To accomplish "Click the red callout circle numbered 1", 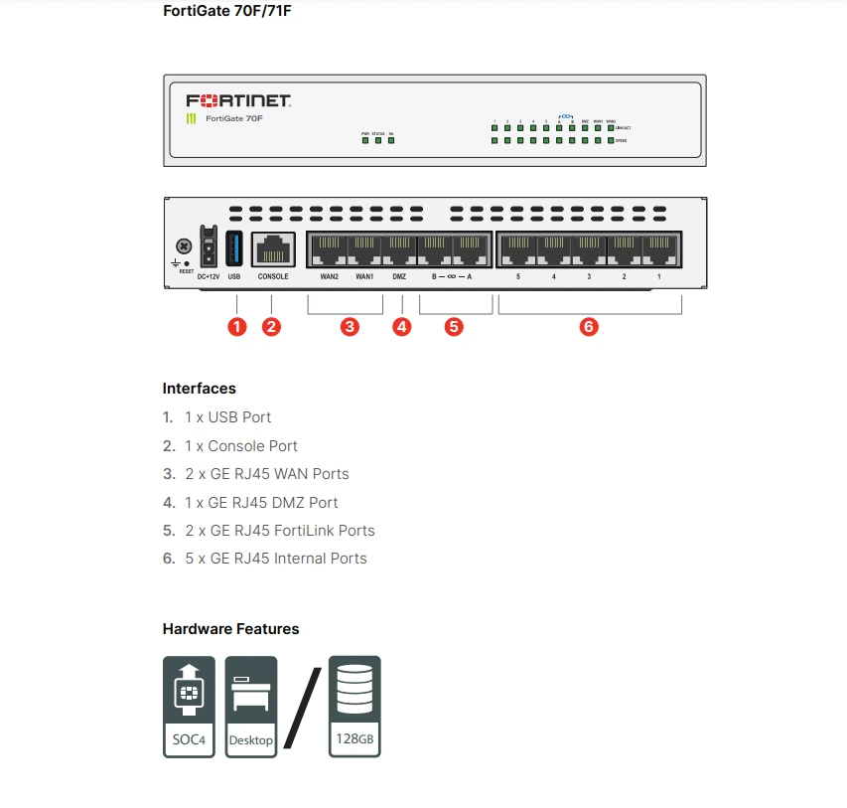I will coord(236,326).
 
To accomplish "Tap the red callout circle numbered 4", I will coord(401,326).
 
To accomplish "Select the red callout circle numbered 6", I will coord(589,326).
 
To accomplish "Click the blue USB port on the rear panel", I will coord(234,246).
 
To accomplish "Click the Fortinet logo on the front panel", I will coord(238,100).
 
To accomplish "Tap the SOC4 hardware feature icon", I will coord(188,706).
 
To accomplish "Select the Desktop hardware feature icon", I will coord(251,706).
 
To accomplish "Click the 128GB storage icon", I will coord(354,706).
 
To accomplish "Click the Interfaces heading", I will coord(199,389).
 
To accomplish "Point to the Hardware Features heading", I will coord(230,629).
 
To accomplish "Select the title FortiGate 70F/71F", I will coord(227,12).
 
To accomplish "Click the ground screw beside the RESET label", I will coord(183,245).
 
